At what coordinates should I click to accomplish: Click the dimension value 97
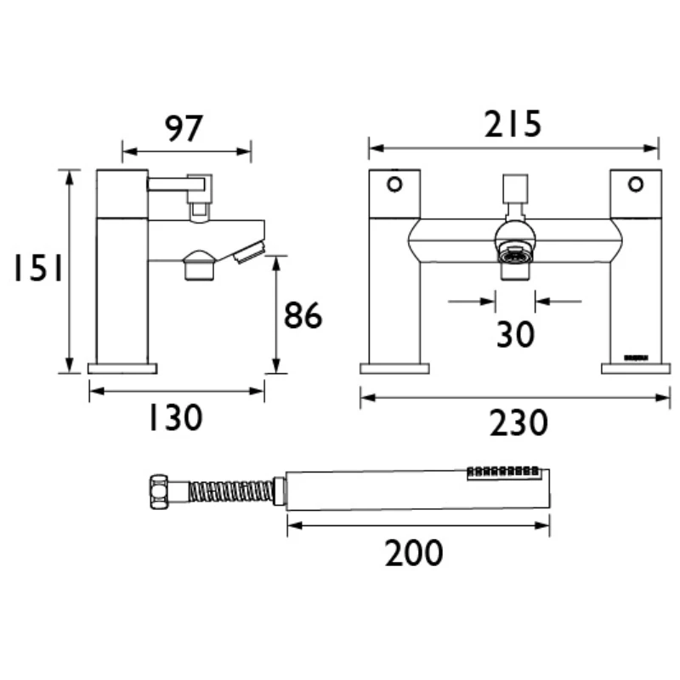click(184, 128)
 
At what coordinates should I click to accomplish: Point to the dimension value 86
click(303, 316)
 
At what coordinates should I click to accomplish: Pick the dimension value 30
click(515, 334)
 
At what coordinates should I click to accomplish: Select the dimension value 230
click(518, 422)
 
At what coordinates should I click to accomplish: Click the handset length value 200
click(414, 553)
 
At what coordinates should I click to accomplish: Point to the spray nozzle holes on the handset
click(504, 470)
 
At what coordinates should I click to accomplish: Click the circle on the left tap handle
click(394, 183)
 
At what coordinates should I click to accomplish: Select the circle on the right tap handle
click(635, 183)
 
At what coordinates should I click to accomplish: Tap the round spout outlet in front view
click(514, 253)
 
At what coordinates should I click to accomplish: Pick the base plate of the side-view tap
click(123, 368)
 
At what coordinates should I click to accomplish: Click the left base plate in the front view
click(394, 368)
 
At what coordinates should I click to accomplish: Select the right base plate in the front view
click(635, 368)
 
